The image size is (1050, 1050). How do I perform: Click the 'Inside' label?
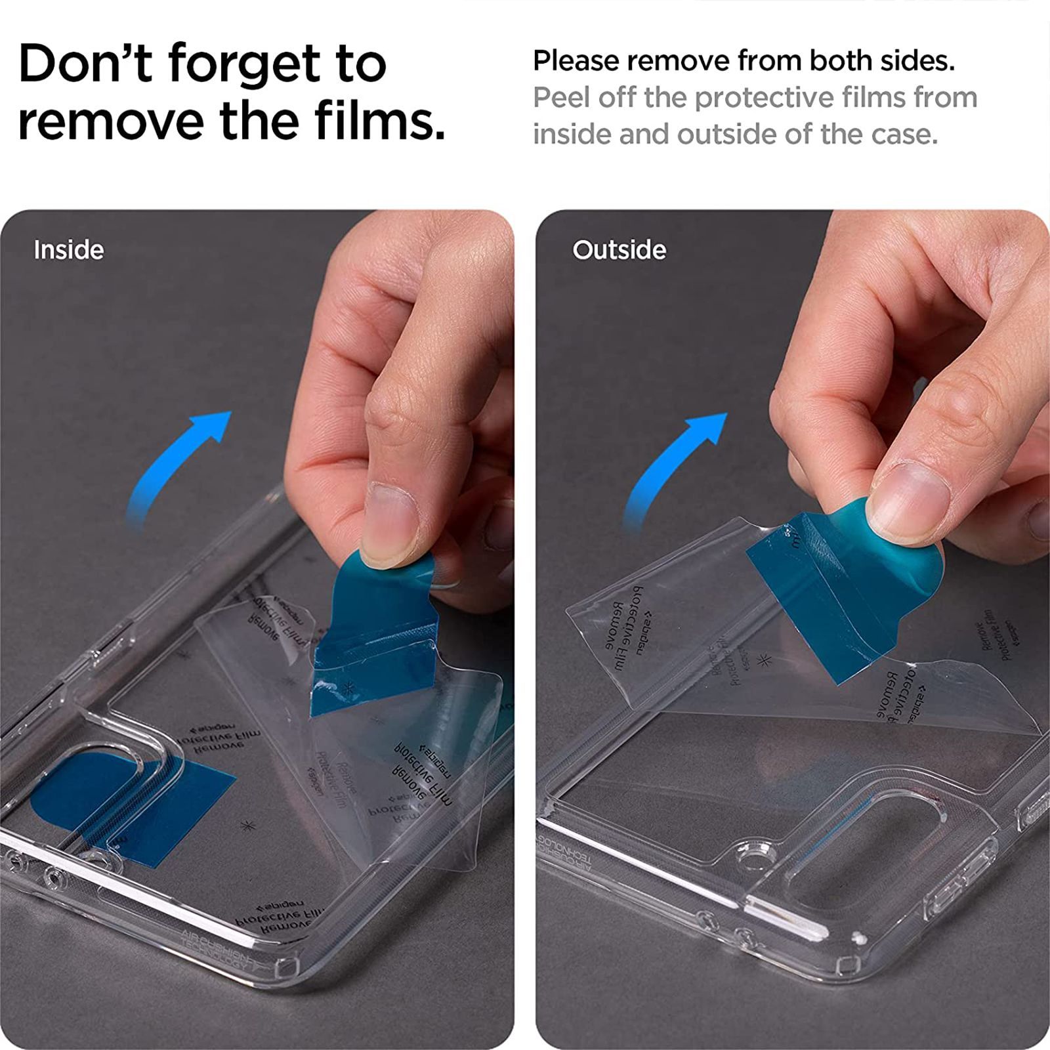68,250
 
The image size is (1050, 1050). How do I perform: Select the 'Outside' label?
619,250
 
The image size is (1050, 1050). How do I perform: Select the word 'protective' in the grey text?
761,98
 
